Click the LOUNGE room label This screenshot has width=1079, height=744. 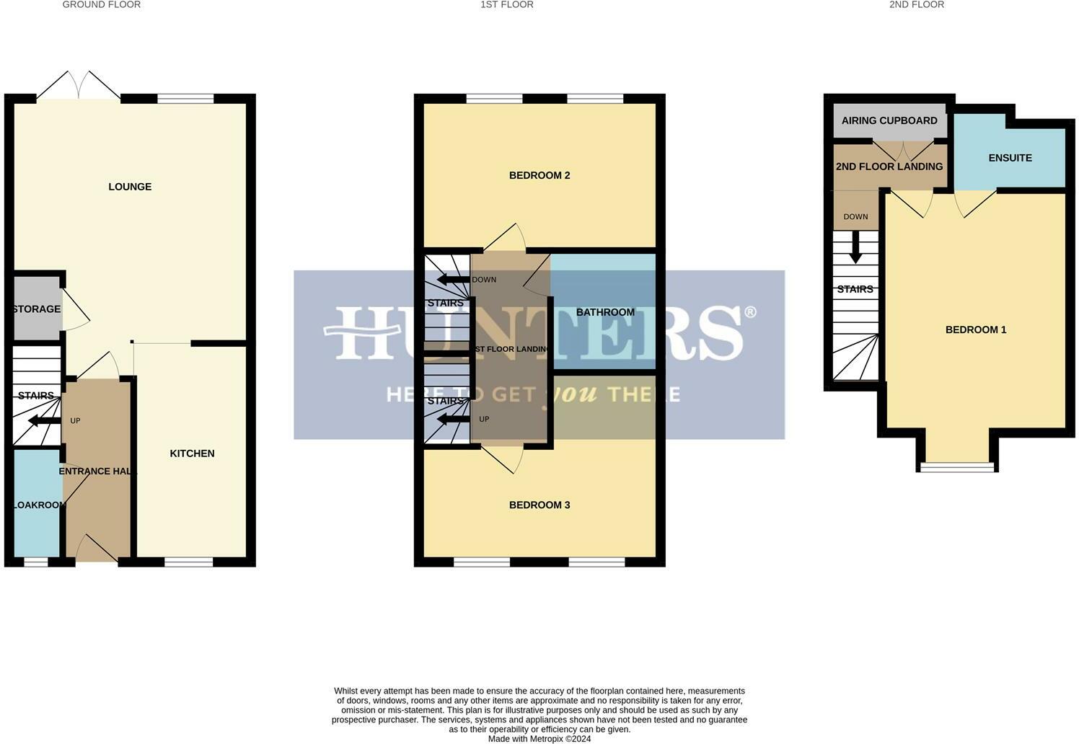130,187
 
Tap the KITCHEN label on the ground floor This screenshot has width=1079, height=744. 192,453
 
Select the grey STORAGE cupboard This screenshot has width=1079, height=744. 36,309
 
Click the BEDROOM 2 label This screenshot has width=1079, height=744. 539,175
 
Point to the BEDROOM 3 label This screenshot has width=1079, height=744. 539,505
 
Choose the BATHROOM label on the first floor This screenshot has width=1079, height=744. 605,312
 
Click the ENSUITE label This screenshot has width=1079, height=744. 1010,158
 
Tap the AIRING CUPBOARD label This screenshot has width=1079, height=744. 889,120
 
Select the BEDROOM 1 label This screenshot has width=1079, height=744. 976,329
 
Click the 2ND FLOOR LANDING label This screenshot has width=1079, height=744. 889,167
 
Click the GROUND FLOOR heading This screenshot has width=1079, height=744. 102,5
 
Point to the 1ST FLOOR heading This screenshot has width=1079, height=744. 507,5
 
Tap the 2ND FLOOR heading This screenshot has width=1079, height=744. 916,5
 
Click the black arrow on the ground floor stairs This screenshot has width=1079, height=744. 44,421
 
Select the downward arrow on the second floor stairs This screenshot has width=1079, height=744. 855,247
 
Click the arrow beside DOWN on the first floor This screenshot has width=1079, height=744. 453,280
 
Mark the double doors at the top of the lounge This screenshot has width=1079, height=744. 79,85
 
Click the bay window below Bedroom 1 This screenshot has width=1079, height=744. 957,466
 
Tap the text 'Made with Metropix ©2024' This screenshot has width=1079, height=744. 539,739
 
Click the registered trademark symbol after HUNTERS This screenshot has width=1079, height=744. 750,311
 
